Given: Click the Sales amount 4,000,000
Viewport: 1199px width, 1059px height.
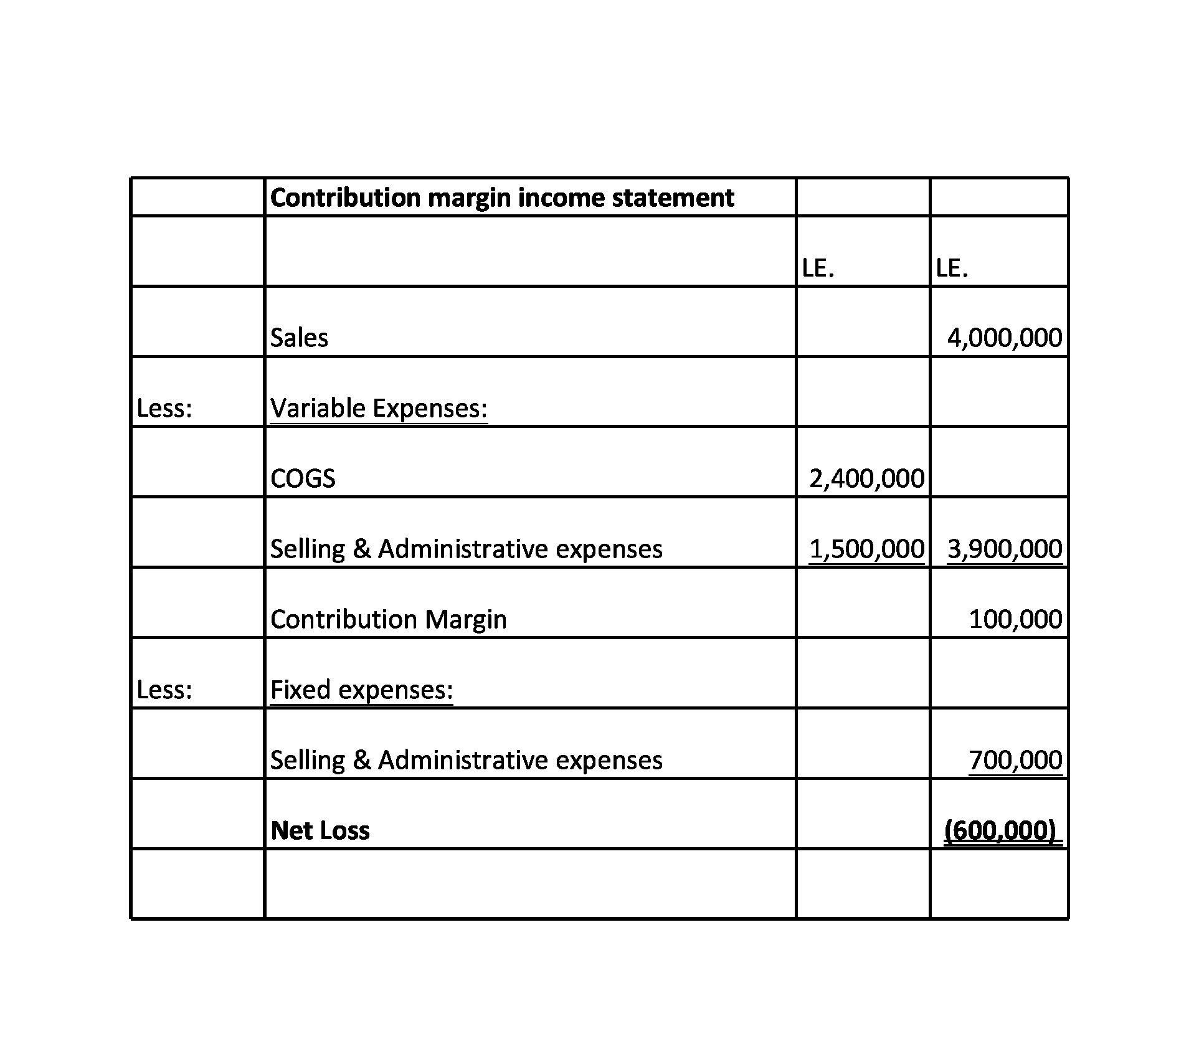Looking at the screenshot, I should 1004,338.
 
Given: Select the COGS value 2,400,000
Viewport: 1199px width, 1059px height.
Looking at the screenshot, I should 866,478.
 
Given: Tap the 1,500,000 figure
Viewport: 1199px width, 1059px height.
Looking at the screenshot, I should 866,549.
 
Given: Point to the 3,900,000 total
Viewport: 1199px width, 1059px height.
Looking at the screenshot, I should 1004,549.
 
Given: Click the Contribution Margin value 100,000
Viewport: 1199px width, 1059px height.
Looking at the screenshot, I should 1015,619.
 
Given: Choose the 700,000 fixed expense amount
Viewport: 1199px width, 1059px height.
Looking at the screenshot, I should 1015,760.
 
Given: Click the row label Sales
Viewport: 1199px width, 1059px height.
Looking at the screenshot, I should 299,338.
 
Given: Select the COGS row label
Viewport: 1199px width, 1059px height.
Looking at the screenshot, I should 303,478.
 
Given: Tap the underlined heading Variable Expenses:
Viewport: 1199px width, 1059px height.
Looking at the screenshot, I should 379,408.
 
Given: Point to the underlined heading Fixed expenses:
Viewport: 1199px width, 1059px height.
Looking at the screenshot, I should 361,690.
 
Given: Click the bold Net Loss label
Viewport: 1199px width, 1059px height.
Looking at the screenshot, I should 320,830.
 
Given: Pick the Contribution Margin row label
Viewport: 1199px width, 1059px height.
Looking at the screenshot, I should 388,619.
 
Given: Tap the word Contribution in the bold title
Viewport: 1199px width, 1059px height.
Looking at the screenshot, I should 345,197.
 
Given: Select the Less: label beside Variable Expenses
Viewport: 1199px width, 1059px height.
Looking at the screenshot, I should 164,408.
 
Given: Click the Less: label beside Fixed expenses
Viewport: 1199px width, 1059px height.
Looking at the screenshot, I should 164,690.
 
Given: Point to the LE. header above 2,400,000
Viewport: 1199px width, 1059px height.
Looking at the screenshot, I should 818,268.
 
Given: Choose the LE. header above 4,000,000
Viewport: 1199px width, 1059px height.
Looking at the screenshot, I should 952,268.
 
